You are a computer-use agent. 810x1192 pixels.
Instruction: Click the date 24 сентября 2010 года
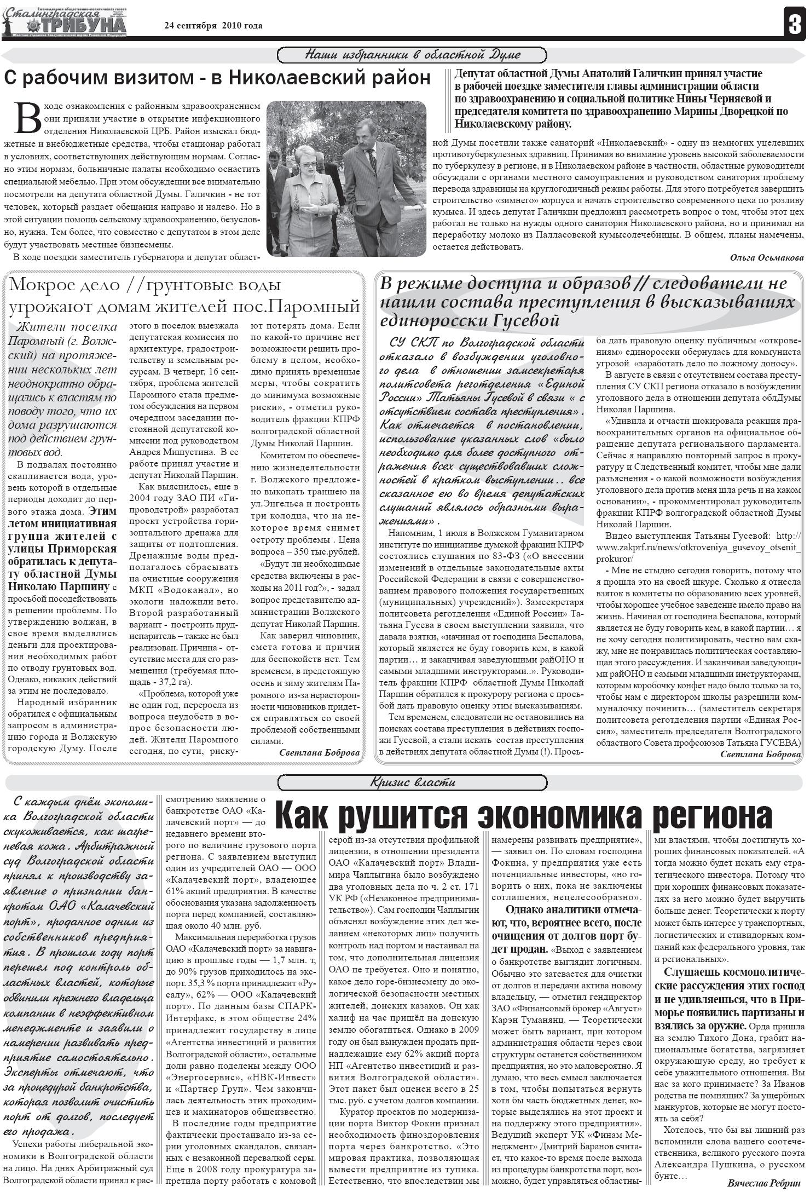[x=213, y=26]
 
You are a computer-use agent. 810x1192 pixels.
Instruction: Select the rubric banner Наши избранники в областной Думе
[x=412, y=55]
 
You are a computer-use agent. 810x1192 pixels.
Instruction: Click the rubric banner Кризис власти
[x=412, y=782]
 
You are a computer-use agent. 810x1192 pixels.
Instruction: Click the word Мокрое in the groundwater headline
[x=43, y=285]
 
